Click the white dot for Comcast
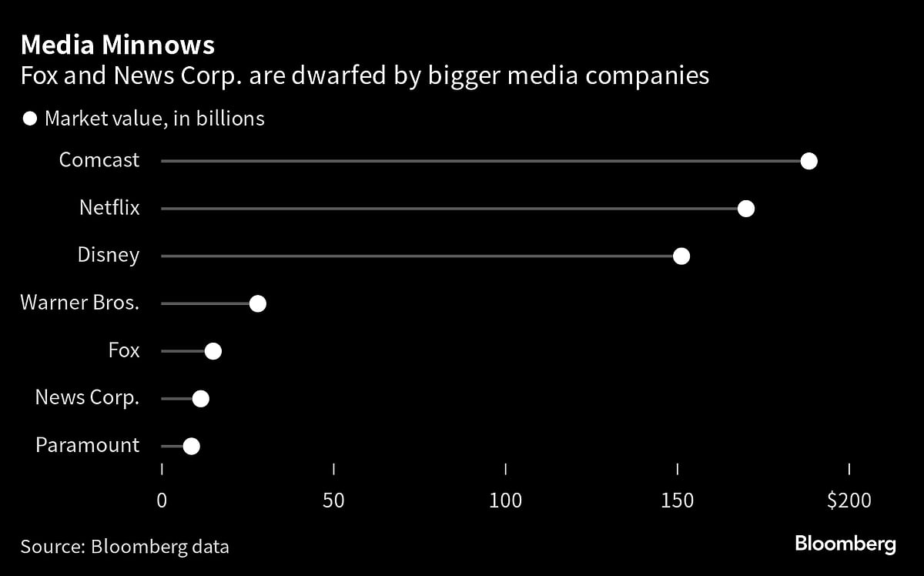point(808,161)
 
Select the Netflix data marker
point(745,209)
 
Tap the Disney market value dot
point(681,256)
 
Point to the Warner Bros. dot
point(258,303)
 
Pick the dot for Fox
point(213,351)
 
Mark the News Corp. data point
point(201,399)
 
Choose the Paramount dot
point(192,446)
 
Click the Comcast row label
point(99,160)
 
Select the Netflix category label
point(109,208)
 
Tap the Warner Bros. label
point(80,303)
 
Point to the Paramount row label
point(88,445)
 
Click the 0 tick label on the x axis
point(162,501)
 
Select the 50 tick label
point(333,501)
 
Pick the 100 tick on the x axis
point(506,501)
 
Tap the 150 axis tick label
point(678,501)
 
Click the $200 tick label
point(849,501)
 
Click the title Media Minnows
point(118,45)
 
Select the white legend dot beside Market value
point(30,119)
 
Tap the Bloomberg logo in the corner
point(845,544)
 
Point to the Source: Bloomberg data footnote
point(125,547)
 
